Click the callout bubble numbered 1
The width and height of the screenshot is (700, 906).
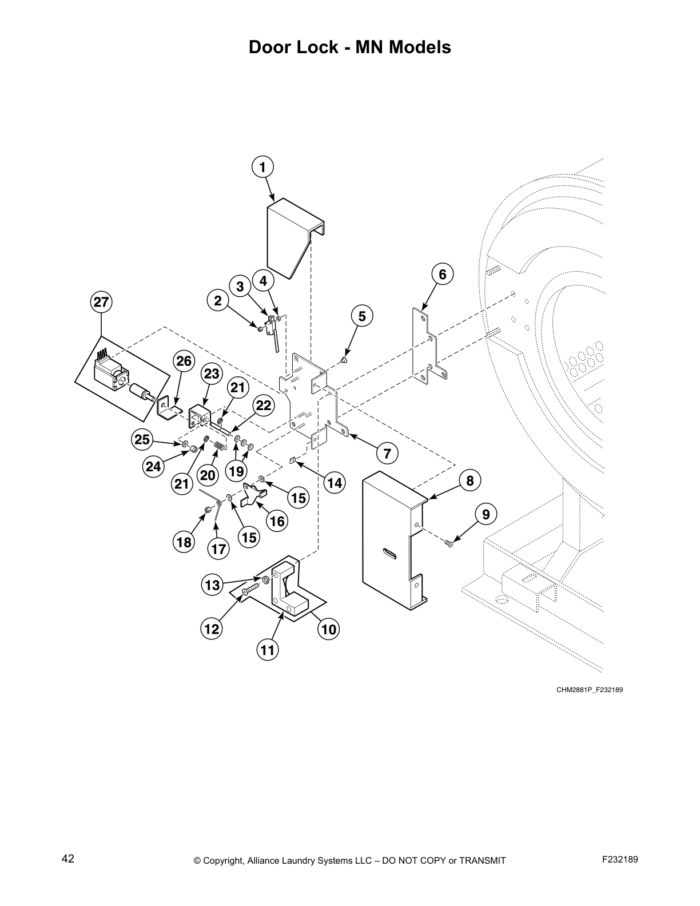pos(262,167)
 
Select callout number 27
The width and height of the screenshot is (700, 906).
pos(101,303)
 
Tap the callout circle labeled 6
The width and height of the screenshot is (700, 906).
pos(442,274)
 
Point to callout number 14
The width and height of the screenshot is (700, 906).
pos(335,483)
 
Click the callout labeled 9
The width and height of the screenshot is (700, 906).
pos(486,514)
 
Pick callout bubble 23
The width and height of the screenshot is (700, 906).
pos(212,373)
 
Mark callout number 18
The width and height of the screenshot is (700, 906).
pos(184,542)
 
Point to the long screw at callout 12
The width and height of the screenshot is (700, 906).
pos(250,589)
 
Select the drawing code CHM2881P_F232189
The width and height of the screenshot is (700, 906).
pos(589,689)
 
